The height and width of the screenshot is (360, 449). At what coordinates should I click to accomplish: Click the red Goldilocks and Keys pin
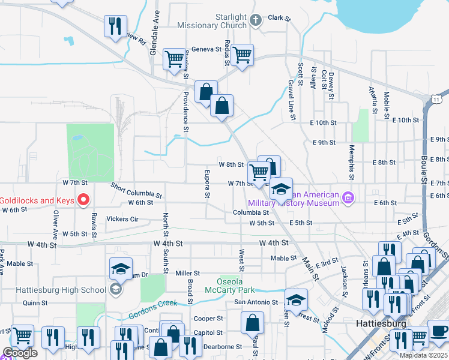(x=84, y=199)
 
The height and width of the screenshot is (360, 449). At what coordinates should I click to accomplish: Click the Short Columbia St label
(x=136, y=191)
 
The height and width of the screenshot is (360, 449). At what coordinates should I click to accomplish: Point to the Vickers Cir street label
(x=122, y=219)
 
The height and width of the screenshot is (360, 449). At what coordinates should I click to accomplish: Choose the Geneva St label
(x=206, y=50)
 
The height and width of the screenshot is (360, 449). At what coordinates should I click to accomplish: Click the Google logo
(x=20, y=353)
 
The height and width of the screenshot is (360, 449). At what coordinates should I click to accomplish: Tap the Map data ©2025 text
(x=423, y=355)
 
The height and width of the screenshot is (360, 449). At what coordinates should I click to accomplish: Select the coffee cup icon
(x=439, y=333)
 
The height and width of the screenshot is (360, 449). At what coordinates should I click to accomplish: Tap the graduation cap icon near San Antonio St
(x=296, y=299)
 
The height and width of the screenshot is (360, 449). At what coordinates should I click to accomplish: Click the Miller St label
(x=188, y=273)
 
